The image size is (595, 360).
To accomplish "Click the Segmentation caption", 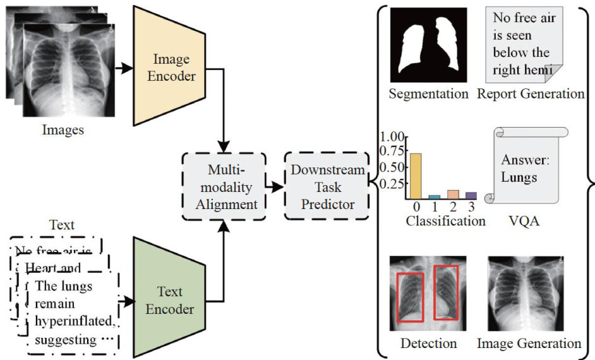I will pos(428,94).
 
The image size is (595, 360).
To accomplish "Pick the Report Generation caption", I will pos(531,94).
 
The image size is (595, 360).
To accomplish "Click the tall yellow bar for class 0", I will pos(416,176).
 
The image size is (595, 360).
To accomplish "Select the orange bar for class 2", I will pos(453,194).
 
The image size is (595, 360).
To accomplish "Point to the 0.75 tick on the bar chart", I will pos(392,152).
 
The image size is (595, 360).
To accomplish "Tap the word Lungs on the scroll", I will pos(519,177).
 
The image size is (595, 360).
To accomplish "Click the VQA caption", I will pos(524,221).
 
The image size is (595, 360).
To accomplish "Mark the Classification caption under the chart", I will pos(446,221).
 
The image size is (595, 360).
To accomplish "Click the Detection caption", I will pos(428,344).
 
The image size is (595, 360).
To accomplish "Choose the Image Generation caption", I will pos(529,344).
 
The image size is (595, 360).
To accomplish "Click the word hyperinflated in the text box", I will pos(76,323).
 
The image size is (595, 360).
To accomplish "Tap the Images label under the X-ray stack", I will pos(63,131).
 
